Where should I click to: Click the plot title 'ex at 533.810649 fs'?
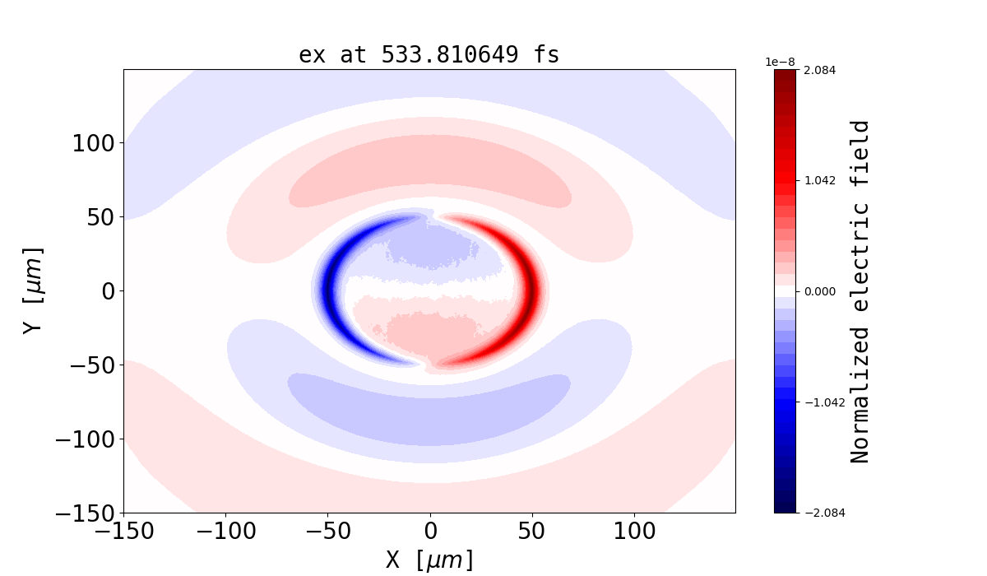(x=429, y=55)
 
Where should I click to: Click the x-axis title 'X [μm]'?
(x=429, y=560)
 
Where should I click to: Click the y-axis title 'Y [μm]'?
(x=32, y=290)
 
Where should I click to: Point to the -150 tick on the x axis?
(x=124, y=531)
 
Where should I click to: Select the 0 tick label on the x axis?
(x=429, y=531)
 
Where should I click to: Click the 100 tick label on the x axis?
(x=633, y=531)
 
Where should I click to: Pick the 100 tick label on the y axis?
(x=97, y=143)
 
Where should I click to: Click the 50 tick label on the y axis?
(x=104, y=217)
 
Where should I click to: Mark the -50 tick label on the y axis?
(x=91, y=365)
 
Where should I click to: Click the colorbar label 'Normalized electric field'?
(x=860, y=291)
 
